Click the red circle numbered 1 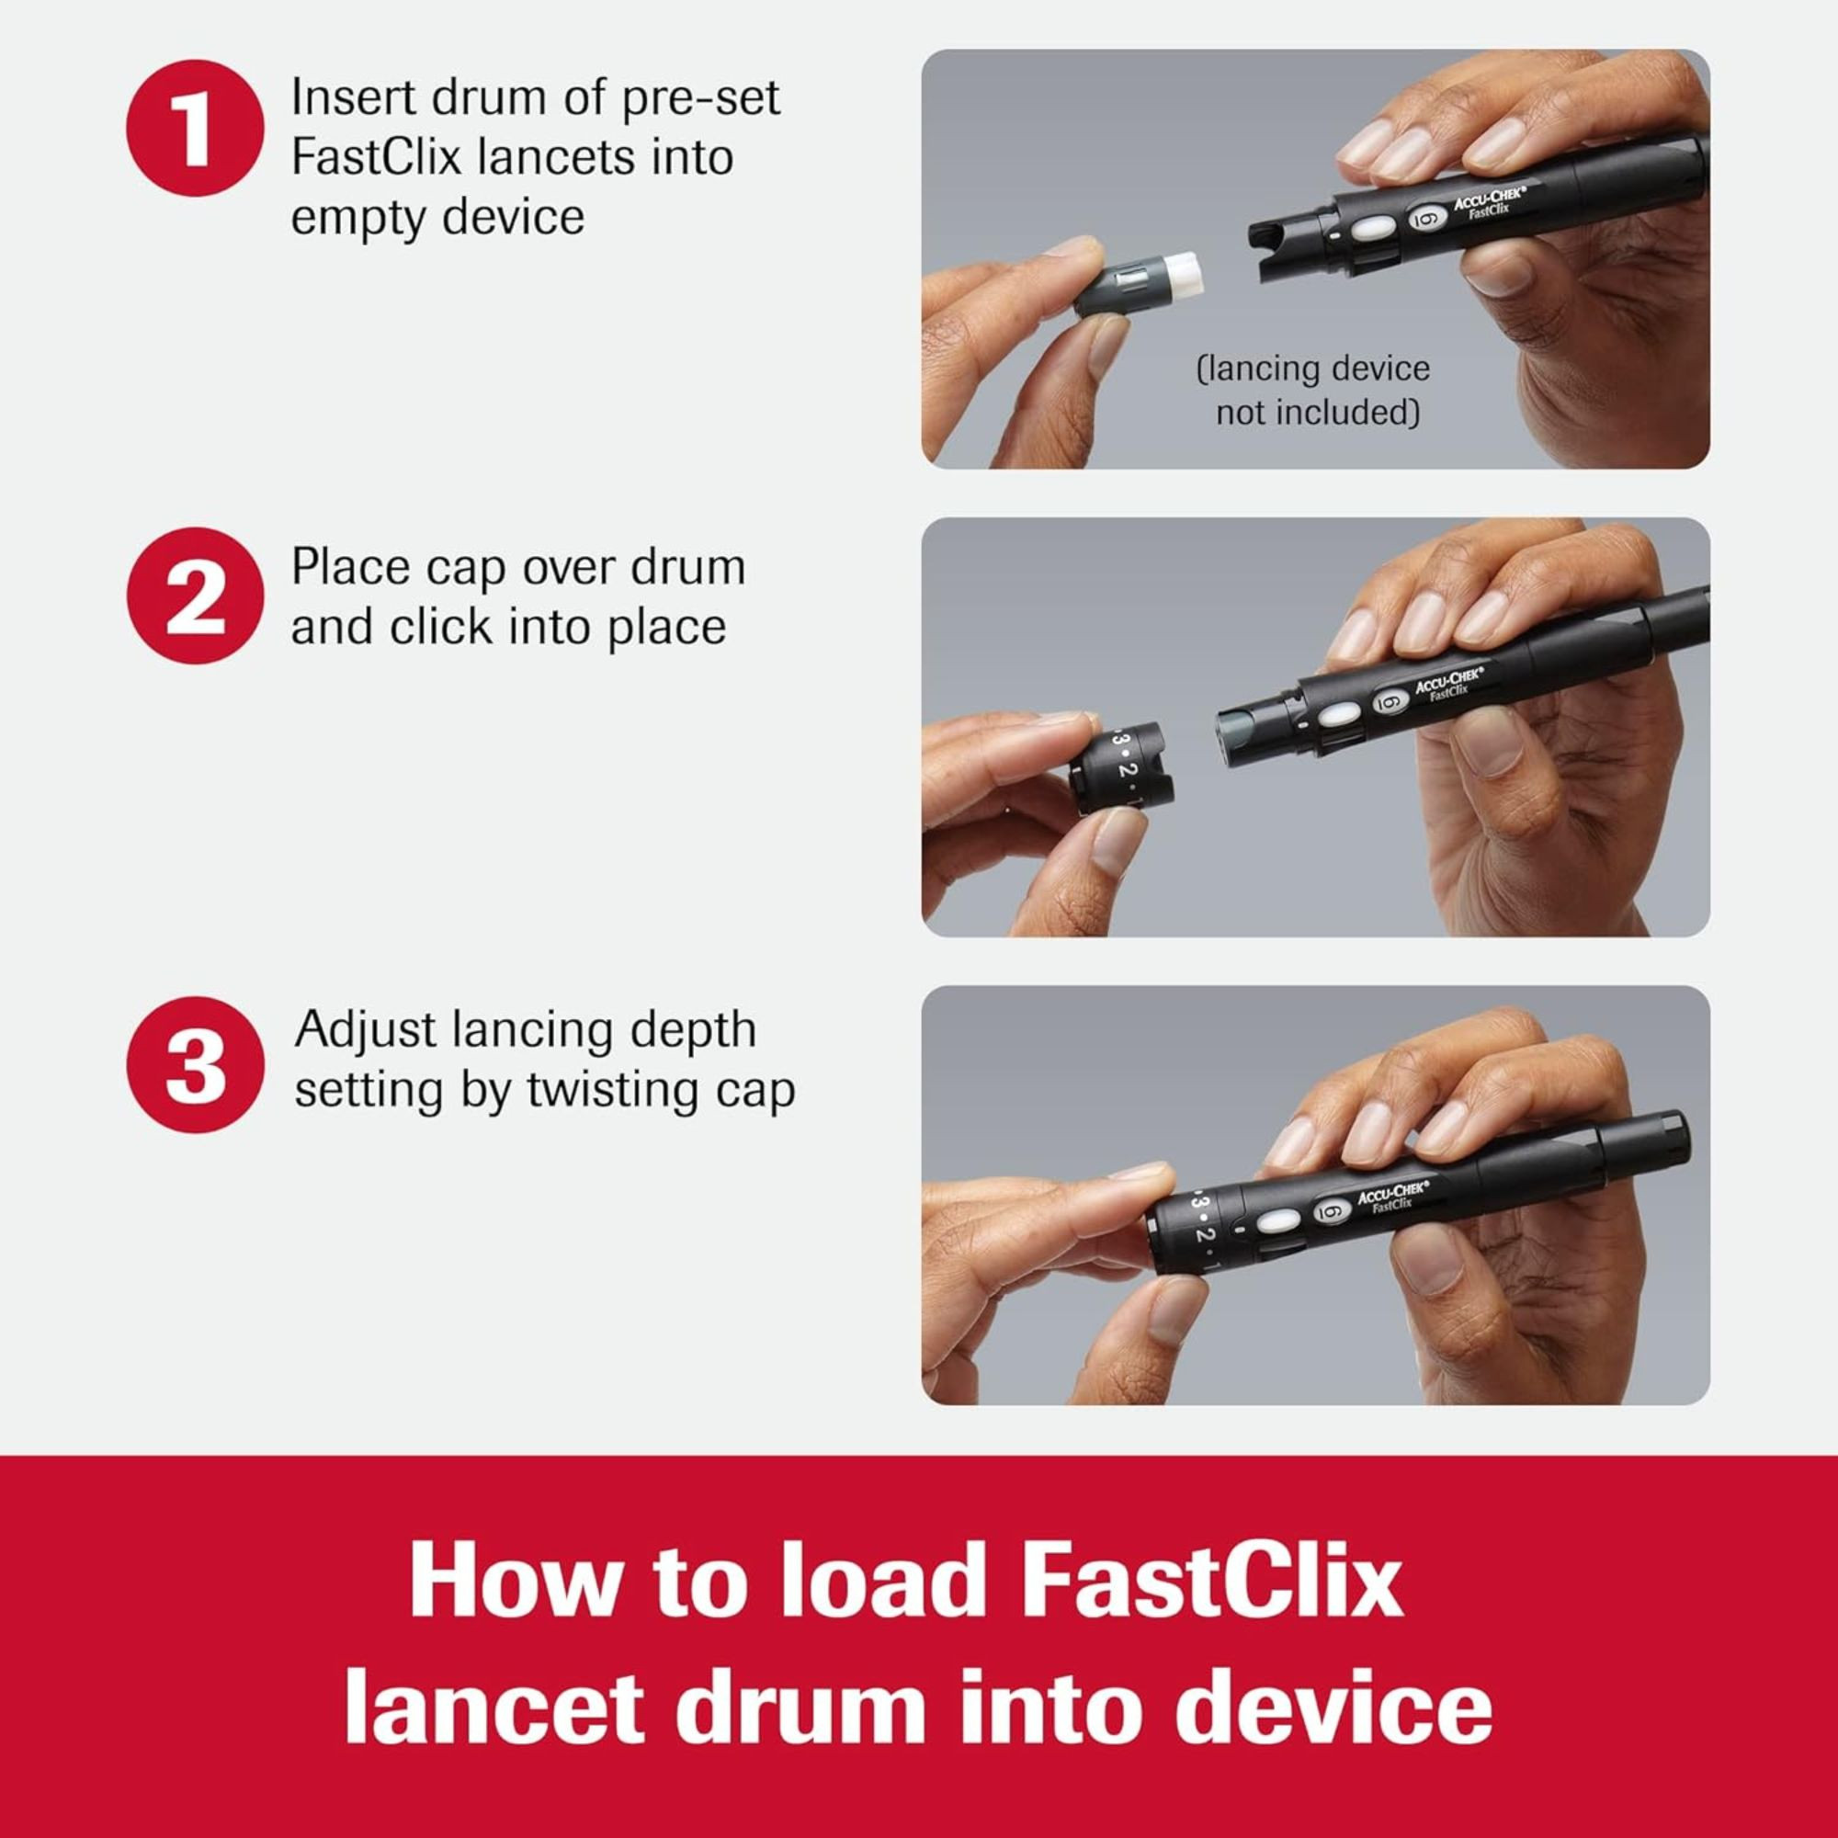[x=194, y=128]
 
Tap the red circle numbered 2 [x=194, y=596]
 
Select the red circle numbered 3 [x=194, y=1064]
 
